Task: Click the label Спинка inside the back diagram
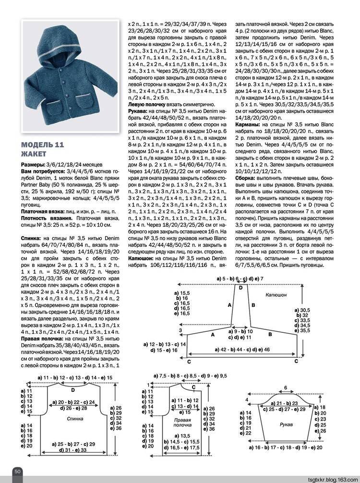(x=72, y=419)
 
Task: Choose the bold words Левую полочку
(x=147, y=104)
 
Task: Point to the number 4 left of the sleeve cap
(x=247, y=399)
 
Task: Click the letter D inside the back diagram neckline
(x=73, y=390)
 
